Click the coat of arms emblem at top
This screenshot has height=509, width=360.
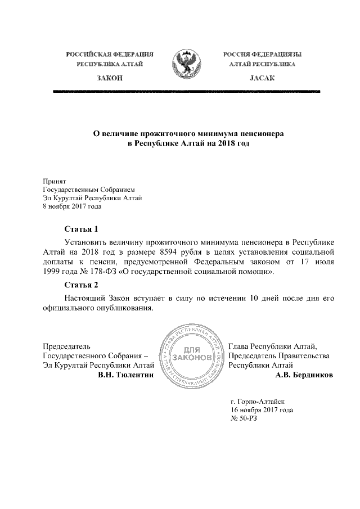pyautogui.click(x=187, y=64)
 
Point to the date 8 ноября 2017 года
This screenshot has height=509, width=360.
pyautogui.click(x=72, y=206)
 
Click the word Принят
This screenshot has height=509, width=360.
pyautogui.click(x=55, y=181)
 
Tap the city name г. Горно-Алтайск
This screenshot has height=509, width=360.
pyautogui.click(x=258, y=402)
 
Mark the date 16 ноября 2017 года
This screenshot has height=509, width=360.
pyautogui.click(x=262, y=411)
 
